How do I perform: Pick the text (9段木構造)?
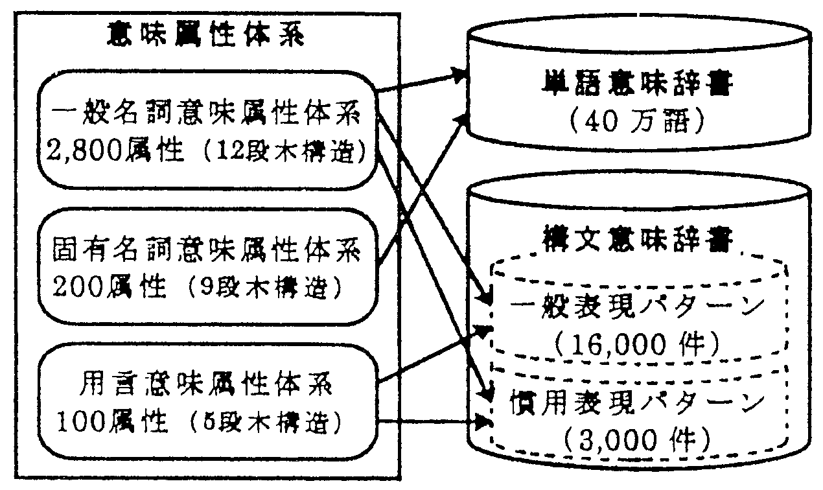268,285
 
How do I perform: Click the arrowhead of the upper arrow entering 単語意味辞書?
460,75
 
